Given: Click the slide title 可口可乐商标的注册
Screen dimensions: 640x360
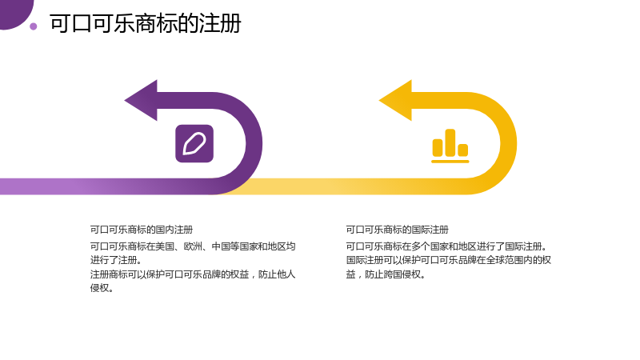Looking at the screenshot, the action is (146, 23).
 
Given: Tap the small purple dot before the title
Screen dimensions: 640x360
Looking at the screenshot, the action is (34, 26).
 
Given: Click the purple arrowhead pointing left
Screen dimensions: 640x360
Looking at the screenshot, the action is (141, 101).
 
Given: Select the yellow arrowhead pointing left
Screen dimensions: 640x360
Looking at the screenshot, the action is (395, 101).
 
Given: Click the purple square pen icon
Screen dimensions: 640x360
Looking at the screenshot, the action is (194, 144).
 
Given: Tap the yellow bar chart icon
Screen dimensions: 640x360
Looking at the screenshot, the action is (450, 146).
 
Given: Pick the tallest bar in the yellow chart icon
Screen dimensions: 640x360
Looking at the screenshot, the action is (450, 143).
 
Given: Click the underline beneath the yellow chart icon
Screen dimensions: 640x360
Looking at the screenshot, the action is (450, 162).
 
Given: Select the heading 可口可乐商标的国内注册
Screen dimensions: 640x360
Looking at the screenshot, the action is (142, 230).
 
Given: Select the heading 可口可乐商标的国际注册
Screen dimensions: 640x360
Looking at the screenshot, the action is (397, 230).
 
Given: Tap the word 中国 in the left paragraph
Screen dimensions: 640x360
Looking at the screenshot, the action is (221, 246).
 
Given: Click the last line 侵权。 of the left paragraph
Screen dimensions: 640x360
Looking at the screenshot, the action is (102, 288).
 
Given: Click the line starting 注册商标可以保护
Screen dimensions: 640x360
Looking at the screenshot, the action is (193, 274).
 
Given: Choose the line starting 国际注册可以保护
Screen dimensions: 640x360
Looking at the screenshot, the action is (449, 261).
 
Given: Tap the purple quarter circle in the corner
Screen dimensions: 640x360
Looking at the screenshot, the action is (14, 12).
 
